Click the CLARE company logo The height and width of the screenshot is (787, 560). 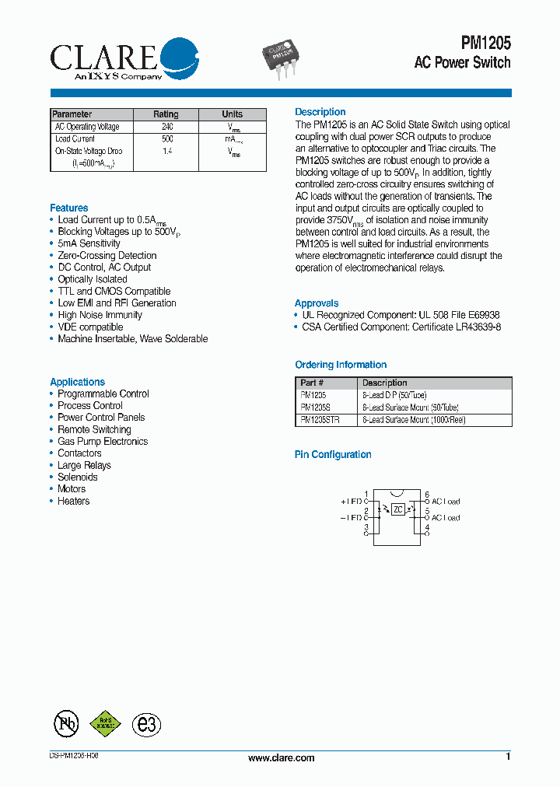point(124,58)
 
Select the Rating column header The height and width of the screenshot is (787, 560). point(166,114)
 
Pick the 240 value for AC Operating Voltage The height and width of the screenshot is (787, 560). point(166,126)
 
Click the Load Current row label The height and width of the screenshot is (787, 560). point(75,138)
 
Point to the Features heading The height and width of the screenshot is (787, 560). point(69,208)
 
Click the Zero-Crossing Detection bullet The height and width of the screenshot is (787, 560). point(107,255)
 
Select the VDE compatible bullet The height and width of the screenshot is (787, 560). point(90,327)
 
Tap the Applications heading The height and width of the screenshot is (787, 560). point(77,382)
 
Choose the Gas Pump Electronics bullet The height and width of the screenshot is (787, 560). point(102,441)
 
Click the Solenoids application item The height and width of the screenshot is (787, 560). point(79,477)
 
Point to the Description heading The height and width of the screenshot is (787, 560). point(320,112)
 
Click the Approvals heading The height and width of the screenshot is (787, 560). point(317,303)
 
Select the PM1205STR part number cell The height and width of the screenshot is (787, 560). point(320,419)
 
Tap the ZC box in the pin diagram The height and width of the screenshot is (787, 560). point(397,509)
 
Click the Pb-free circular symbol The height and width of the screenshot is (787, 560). point(66,724)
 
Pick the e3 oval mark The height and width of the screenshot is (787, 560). point(146,725)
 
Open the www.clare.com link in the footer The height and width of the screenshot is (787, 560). point(281,757)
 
